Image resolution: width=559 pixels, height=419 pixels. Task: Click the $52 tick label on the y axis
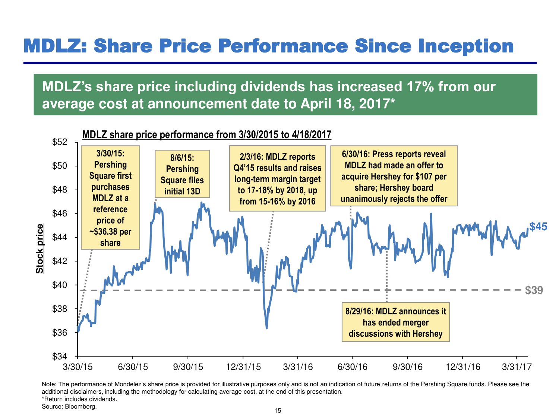(59, 142)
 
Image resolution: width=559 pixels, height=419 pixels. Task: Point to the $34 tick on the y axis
(59, 356)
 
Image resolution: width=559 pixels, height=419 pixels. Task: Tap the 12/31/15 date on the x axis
(243, 367)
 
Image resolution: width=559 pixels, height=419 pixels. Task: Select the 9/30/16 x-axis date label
(408, 367)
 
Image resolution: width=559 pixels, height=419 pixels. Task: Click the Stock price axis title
(40, 248)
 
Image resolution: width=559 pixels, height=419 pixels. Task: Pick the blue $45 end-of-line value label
(538, 226)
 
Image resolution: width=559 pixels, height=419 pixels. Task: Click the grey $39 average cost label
(534, 290)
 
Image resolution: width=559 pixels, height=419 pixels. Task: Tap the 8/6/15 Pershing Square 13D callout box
(182, 174)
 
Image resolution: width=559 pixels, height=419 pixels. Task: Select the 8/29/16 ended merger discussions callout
(395, 322)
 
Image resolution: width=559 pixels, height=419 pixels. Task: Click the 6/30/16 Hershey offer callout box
(394, 176)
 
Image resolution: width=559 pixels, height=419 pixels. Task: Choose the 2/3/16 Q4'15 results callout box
(277, 179)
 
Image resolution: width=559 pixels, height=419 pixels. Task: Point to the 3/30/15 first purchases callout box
(110, 197)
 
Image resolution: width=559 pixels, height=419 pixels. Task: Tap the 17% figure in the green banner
(420, 87)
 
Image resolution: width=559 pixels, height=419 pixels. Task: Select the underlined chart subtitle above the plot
(206, 134)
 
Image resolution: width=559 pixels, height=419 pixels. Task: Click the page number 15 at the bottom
(278, 410)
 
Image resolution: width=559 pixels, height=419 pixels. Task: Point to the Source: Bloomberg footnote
(69, 406)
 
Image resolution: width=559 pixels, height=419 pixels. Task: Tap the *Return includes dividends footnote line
(79, 399)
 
